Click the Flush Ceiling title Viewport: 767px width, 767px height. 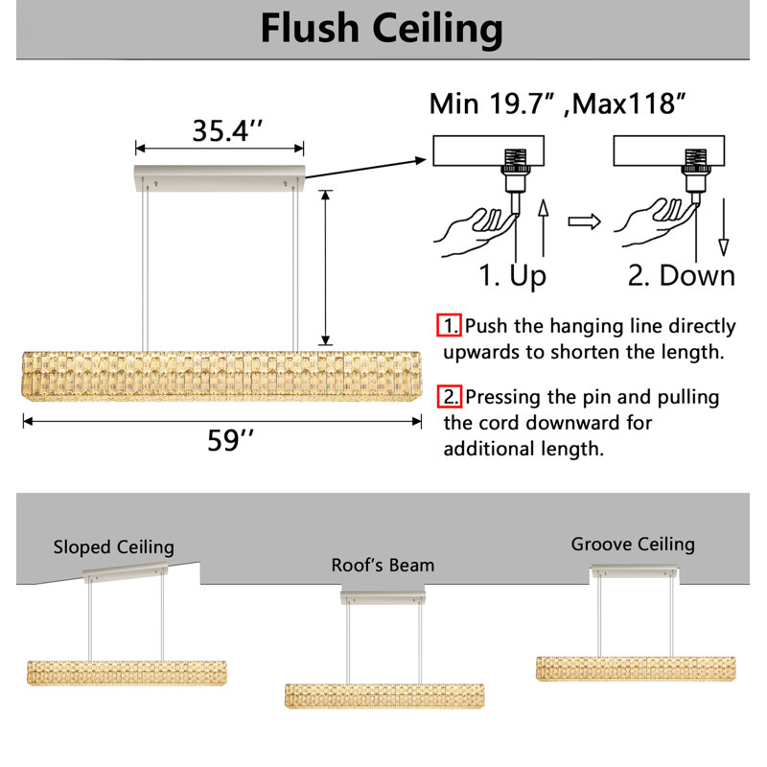point(382,30)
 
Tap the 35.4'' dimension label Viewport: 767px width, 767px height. point(227,131)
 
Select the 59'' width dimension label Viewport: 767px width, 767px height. point(230,440)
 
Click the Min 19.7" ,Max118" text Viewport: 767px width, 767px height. point(557,105)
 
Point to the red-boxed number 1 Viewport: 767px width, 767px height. point(449,325)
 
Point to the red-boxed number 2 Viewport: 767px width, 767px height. point(450,396)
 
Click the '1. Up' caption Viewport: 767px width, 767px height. point(512,275)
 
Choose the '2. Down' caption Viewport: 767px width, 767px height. point(682,275)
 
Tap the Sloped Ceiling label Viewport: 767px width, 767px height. point(113,546)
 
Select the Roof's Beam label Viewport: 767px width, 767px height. point(383,565)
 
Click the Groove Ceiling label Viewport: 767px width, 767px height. point(633,544)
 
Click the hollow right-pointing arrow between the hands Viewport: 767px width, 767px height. point(585,221)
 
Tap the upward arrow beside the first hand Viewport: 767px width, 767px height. point(543,228)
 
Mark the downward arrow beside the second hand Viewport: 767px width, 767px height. point(724,227)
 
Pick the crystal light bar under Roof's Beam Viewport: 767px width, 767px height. point(384,696)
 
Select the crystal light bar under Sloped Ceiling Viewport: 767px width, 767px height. point(127,673)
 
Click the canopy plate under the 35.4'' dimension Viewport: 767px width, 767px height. point(220,177)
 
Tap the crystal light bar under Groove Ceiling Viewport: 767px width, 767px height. point(636,668)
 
